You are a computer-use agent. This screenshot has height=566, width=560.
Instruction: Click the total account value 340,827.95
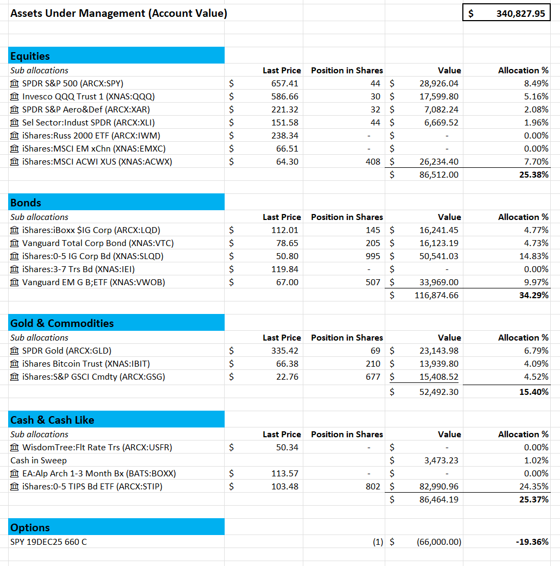click(520, 14)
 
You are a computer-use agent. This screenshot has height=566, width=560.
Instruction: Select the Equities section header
click(30, 56)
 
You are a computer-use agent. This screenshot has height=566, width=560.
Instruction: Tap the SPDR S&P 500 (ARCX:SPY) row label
click(72, 83)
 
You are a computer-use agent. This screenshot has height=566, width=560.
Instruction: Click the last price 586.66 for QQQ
click(285, 96)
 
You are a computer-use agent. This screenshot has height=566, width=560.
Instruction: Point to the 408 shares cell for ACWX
click(373, 161)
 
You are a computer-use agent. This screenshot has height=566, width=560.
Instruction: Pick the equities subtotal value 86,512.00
click(439, 174)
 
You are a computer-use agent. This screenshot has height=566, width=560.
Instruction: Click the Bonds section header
click(26, 203)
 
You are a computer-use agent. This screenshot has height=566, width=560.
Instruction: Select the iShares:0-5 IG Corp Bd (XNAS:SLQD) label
click(92, 256)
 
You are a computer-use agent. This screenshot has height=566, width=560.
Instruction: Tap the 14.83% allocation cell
click(536, 256)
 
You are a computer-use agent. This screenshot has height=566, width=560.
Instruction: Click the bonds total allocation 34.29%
click(534, 295)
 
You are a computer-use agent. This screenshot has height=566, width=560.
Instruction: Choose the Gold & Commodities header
click(62, 323)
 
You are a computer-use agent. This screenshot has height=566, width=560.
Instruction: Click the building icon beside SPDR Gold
click(15, 351)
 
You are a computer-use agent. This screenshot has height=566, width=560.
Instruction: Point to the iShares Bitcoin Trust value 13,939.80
click(439, 363)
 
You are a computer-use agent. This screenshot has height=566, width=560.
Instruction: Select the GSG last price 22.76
click(287, 376)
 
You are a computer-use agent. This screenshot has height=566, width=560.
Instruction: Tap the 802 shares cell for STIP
click(373, 486)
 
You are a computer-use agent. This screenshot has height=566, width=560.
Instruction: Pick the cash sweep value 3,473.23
click(441, 460)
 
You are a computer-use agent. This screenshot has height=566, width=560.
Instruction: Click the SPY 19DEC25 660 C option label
click(48, 542)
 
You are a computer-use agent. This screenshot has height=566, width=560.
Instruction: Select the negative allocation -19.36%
click(533, 542)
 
